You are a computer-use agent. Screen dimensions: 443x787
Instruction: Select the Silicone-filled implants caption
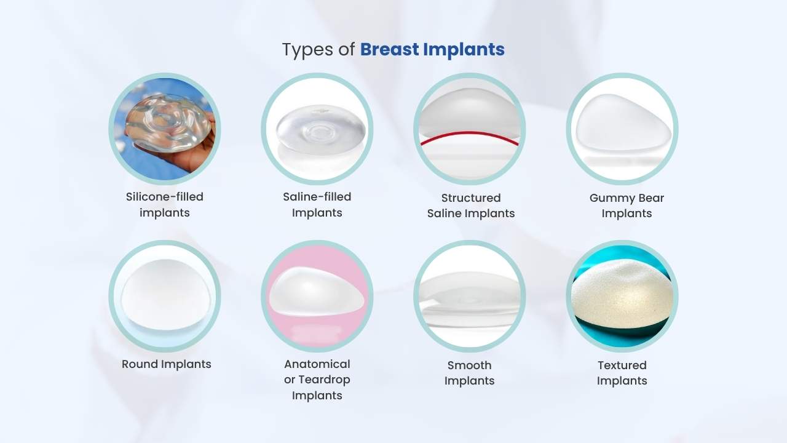(x=164, y=204)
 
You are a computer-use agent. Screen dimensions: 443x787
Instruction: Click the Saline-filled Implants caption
(x=317, y=204)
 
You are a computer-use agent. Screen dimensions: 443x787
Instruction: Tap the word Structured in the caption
(x=471, y=198)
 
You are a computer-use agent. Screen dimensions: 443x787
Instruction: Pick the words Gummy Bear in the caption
(x=627, y=198)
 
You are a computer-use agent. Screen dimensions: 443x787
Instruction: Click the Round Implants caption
(x=166, y=364)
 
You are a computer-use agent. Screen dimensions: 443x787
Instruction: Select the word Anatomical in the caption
(x=317, y=364)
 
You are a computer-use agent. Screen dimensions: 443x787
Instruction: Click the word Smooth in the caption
(x=469, y=365)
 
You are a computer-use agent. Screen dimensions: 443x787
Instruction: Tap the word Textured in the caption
(x=622, y=365)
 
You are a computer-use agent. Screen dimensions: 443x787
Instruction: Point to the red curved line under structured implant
(x=470, y=135)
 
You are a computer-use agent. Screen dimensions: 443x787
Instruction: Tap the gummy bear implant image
(x=621, y=126)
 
